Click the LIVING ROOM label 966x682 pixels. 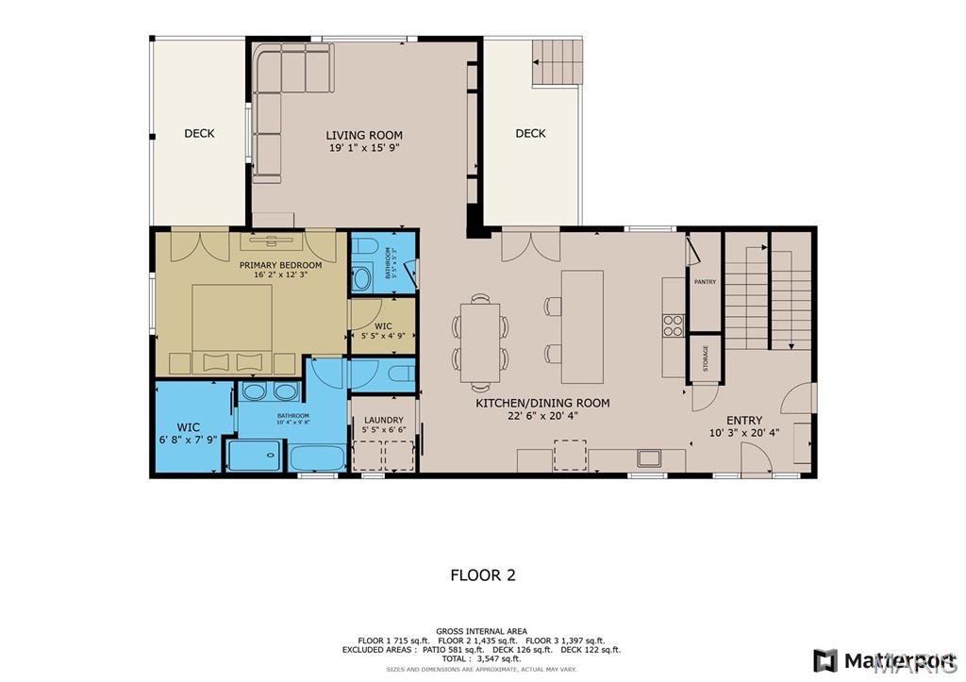click(x=364, y=135)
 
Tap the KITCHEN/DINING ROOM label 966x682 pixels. click(x=541, y=403)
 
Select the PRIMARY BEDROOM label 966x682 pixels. click(x=280, y=265)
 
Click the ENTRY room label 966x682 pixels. click(x=743, y=421)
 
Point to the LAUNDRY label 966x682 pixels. click(x=384, y=420)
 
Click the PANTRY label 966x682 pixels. click(x=705, y=282)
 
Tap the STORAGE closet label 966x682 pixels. click(x=705, y=358)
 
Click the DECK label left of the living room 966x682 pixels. click(x=199, y=133)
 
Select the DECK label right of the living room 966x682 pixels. click(x=530, y=133)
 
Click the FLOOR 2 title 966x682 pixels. click(x=482, y=574)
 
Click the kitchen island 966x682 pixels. click(x=582, y=312)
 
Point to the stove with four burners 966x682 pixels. click(x=674, y=325)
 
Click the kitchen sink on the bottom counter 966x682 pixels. click(x=648, y=459)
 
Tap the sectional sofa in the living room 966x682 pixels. click(x=283, y=94)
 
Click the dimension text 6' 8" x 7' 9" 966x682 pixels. click(x=189, y=440)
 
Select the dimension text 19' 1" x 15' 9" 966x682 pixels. click(x=364, y=148)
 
